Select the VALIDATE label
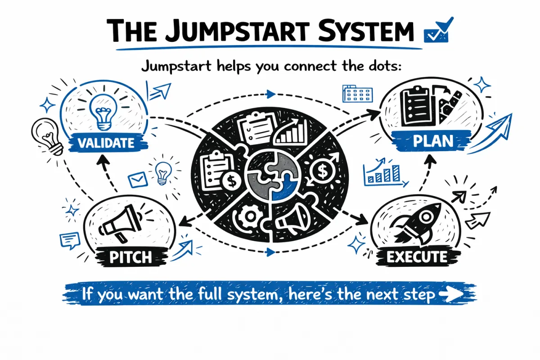pyautogui.click(x=106, y=143)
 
